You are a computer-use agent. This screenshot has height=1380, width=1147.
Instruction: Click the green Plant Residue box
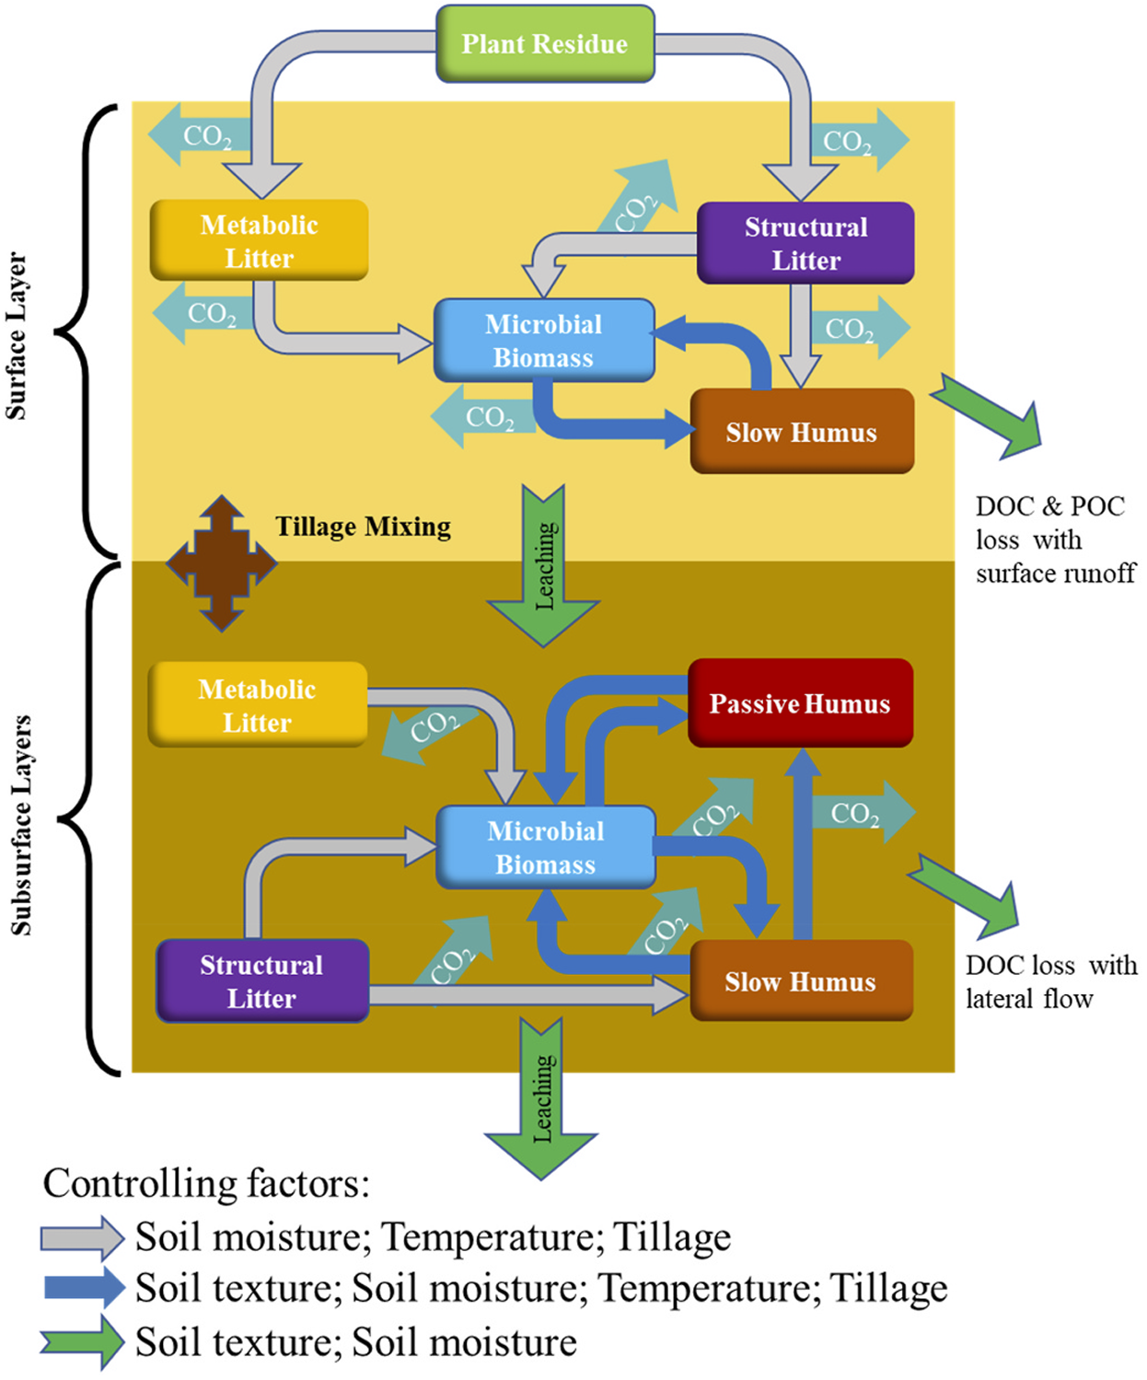(x=545, y=44)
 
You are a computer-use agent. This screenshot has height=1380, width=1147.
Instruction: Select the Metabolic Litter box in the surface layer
(x=259, y=240)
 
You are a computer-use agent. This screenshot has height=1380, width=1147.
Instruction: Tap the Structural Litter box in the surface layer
(x=805, y=243)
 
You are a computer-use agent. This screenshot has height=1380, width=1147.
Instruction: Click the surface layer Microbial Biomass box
(x=544, y=341)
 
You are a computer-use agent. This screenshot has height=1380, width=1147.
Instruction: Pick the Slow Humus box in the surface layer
(x=802, y=432)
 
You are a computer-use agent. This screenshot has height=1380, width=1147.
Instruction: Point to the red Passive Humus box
(x=800, y=703)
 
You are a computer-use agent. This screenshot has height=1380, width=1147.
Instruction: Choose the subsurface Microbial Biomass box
(x=546, y=847)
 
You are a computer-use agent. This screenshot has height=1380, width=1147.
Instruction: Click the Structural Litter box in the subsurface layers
(x=262, y=981)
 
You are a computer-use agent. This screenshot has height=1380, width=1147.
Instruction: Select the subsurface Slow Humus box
(x=801, y=981)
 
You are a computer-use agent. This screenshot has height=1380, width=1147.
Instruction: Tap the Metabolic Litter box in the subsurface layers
(x=258, y=705)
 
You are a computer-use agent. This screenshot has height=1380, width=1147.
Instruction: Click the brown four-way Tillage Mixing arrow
(x=221, y=563)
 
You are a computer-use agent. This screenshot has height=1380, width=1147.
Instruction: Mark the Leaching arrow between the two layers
(x=543, y=567)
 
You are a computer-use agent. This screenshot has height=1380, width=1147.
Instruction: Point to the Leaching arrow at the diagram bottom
(x=541, y=1099)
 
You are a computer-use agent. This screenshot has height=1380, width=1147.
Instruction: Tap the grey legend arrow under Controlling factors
(x=82, y=1238)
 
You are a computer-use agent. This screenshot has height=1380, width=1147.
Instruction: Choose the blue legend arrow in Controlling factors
(x=84, y=1288)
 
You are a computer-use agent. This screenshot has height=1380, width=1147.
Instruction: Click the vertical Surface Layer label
(x=17, y=336)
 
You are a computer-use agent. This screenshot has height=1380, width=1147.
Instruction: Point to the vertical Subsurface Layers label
(x=20, y=825)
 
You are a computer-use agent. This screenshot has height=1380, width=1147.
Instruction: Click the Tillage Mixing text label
(x=364, y=527)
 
